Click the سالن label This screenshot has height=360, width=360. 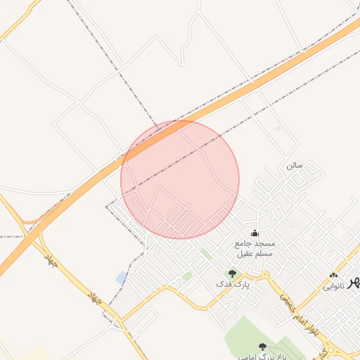coord(294,166)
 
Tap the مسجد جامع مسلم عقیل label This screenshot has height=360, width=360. coord(255,248)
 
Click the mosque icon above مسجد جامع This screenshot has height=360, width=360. coord(255,233)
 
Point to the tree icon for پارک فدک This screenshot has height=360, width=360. coord(232,273)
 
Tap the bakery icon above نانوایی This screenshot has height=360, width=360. coord(333,276)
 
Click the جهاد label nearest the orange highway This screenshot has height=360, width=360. coord(50,262)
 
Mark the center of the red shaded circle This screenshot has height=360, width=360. coord(180,179)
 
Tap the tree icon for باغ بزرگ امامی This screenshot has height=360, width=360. coord(262,346)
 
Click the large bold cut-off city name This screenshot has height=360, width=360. coord(354,281)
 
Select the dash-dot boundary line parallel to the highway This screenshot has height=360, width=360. coord(281,105)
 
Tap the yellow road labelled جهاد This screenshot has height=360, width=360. coord(70,281)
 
